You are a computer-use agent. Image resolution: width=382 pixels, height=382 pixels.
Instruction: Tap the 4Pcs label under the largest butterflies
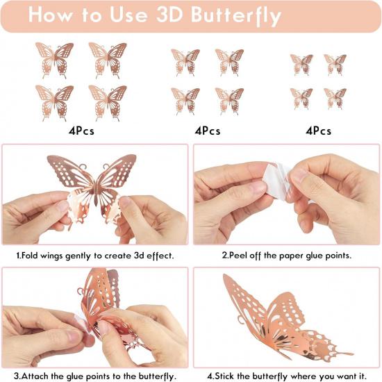click(x=81, y=131)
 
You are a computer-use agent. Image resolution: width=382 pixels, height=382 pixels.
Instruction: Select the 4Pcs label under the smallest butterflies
click(x=318, y=131)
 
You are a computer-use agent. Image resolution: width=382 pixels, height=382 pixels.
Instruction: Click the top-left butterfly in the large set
click(x=54, y=58)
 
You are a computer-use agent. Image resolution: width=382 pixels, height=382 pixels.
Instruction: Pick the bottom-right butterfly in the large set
click(x=108, y=101)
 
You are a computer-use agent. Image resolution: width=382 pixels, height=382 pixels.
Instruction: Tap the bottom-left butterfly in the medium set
click(x=185, y=100)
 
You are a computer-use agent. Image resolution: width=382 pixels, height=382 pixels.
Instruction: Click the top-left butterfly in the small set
click(x=301, y=64)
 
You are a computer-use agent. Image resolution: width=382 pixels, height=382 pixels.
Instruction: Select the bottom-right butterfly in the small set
click(x=335, y=97)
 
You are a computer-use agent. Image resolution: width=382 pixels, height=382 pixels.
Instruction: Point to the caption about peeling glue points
click(x=286, y=256)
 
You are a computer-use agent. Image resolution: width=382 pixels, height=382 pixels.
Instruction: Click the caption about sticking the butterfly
click(x=286, y=376)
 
